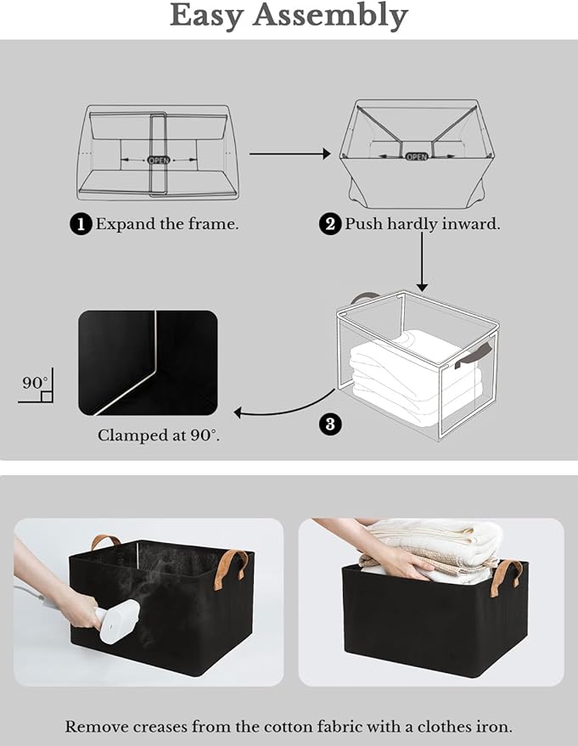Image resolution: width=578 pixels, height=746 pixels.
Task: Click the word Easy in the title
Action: [x=218, y=16]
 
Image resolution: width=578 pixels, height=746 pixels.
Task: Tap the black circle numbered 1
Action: [x=81, y=224]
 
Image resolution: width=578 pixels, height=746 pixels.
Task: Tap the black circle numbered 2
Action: [x=329, y=224]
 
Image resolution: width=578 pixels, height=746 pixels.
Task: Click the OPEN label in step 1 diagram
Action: [x=159, y=160]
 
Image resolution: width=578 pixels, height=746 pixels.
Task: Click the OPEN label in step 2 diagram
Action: [x=416, y=156]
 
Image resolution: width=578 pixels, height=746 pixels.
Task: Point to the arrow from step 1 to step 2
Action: [x=289, y=154]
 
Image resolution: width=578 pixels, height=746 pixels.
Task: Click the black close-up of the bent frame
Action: [x=148, y=363]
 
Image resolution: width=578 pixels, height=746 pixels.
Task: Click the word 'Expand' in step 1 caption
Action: [x=124, y=224]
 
